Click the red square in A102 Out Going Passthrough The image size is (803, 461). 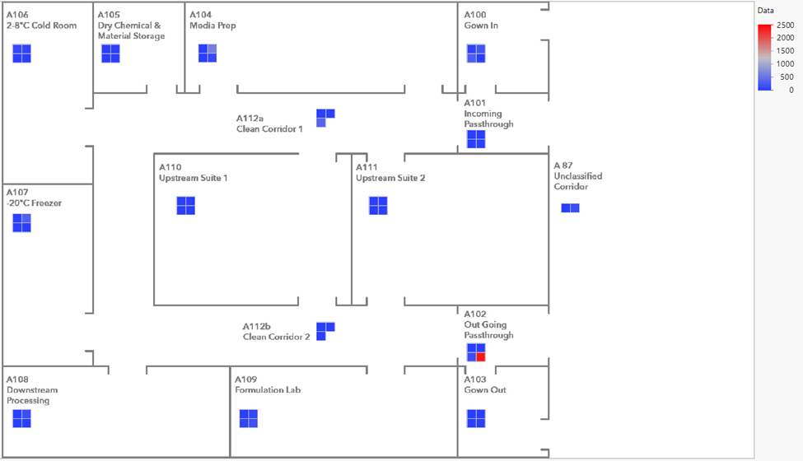[x=481, y=357]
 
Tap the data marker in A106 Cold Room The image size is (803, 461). [x=21, y=54]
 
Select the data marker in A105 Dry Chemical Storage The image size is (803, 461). [x=110, y=54]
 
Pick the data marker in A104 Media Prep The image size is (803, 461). [x=208, y=54]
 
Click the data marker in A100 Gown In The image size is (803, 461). [x=476, y=54]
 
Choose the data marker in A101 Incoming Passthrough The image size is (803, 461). [x=476, y=139]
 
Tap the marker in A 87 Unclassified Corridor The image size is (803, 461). [x=570, y=207]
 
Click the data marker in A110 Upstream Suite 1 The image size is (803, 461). [x=186, y=206]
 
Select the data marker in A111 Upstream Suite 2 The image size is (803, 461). [x=378, y=206]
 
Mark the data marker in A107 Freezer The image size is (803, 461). [x=21, y=223]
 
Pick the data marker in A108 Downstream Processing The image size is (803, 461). [x=21, y=419]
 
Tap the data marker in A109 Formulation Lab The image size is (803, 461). [x=249, y=419]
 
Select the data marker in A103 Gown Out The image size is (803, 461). [x=476, y=419]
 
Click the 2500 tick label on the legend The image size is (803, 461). [x=785, y=26]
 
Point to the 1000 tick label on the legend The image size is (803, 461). [x=785, y=64]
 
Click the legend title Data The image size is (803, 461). [x=766, y=11]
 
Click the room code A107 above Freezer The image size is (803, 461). [x=17, y=192]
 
